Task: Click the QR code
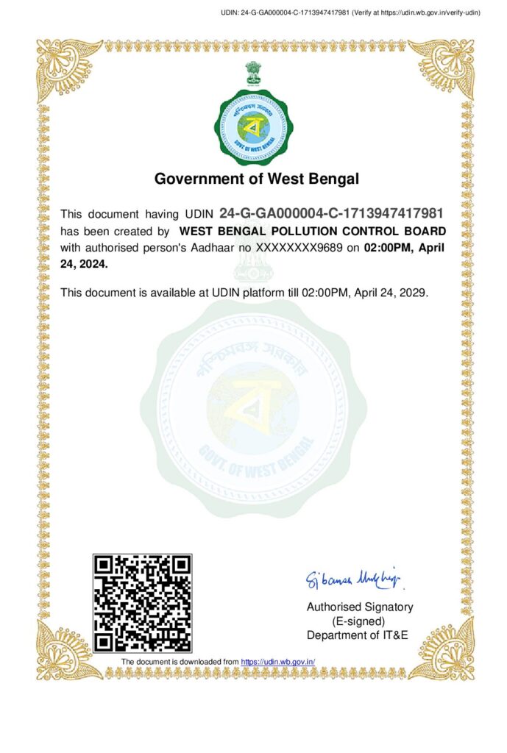(x=142, y=603)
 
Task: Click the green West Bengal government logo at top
(x=252, y=127)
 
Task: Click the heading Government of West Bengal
(x=256, y=179)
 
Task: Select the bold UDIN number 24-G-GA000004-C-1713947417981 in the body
(x=331, y=214)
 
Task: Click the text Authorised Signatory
(x=359, y=607)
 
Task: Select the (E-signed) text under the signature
(x=359, y=621)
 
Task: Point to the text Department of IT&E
(x=357, y=635)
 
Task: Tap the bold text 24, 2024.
(x=84, y=263)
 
